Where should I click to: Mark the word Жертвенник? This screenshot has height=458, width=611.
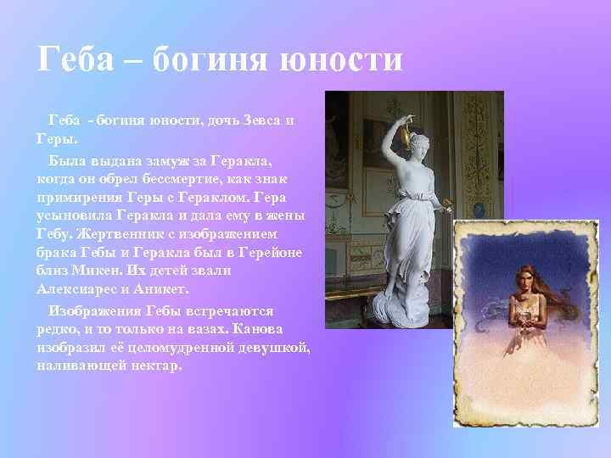click(x=115, y=233)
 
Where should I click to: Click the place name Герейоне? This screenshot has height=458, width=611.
click(x=266, y=252)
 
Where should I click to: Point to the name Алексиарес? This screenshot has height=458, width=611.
click(x=76, y=289)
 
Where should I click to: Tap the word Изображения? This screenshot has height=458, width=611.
click(x=93, y=310)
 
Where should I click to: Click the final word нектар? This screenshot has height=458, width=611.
click(x=153, y=366)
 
